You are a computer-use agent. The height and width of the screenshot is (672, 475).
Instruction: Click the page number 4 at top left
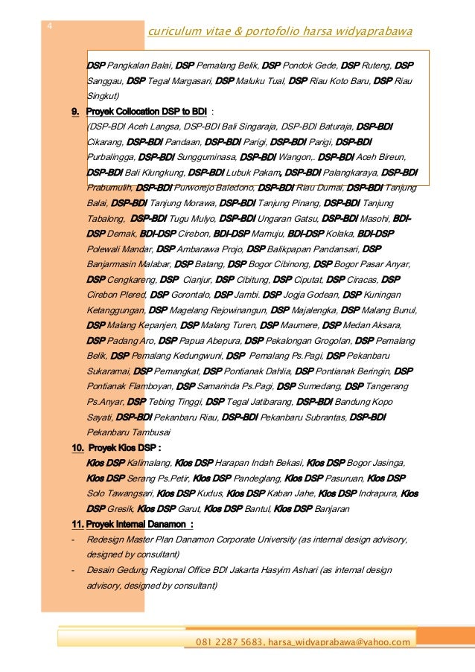(x=49, y=28)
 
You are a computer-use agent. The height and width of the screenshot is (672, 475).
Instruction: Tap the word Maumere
(x=302, y=325)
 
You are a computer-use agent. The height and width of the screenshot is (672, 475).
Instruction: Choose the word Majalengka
(x=316, y=310)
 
